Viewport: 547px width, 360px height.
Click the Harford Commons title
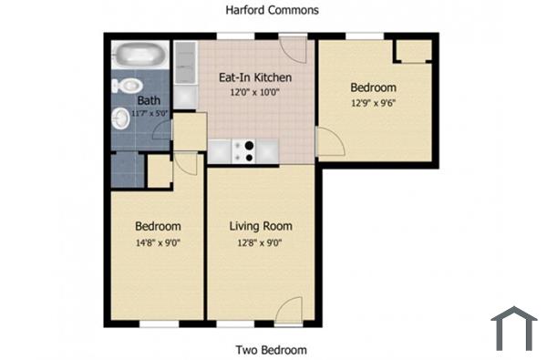coord(273,10)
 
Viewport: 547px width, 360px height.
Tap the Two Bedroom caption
coord(271,350)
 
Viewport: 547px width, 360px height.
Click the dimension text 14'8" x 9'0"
coord(158,242)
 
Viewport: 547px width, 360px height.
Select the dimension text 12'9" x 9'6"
coord(374,103)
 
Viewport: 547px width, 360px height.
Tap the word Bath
coord(149,100)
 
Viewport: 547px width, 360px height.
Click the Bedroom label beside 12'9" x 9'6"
coord(374,87)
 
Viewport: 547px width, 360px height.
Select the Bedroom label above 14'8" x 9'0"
coord(158,226)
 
